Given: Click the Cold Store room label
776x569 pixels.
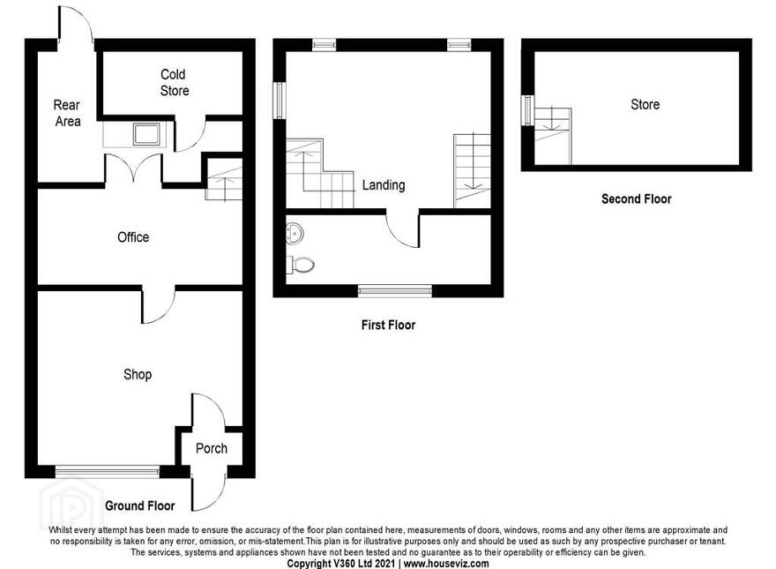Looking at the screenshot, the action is pyautogui.click(x=175, y=82).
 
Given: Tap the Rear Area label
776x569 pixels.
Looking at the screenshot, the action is pyautogui.click(x=67, y=113).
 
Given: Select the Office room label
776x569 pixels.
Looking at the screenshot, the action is pyautogui.click(x=133, y=237).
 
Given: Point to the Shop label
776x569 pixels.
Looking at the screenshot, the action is pyautogui.click(x=138, y=374).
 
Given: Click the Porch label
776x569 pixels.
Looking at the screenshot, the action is pyautogui.click(x=212, y=448).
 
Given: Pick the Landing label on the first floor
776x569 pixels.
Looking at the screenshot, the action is pyautogui.click(x=384, y=185).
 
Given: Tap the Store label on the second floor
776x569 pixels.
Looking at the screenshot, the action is pyautogui.click(x=645, y=104).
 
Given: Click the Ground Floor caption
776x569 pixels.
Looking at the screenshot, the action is pyautogui.click(x=140, y=505).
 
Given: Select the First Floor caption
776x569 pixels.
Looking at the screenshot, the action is pyautogui.click(x=389, y=325).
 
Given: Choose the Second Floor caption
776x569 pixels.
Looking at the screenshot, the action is pyautogui.click(x=637, y=199).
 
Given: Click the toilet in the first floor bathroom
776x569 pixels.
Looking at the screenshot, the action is pyautogui.click(x=301, y=265).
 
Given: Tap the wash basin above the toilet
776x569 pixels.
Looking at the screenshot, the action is pyautogui.click(x=295, y=233).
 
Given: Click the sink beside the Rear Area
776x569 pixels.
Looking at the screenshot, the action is pyautogui.click(x=146, y=134).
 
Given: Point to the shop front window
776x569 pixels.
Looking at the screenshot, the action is pyautogui.click(x=108, y=471).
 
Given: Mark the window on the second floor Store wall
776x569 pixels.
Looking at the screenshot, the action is pyautogui.click(x=528, y=110).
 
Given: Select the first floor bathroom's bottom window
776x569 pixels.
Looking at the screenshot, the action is pyautogui.click(x=395, y=291).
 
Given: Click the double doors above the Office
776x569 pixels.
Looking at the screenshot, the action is pyautogui.click(x=134, y=168).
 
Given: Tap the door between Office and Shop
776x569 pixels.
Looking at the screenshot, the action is pyautogui.click(x=159, y=304).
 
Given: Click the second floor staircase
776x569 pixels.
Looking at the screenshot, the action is pyautogui.click(x=553, y=136).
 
